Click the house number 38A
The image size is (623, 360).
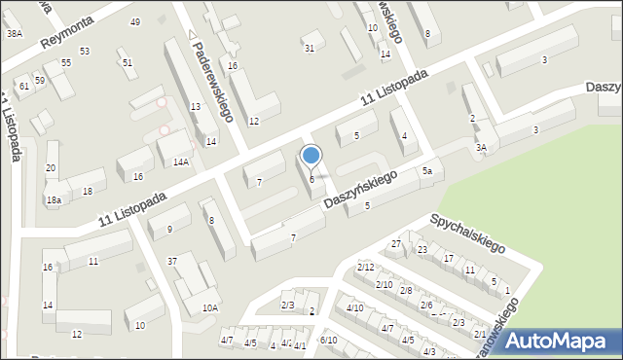click(x=14, y=33)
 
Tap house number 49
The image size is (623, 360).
click(x=135, y=22)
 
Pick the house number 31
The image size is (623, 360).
click(x=310, y=48)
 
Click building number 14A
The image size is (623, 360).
click(x=180, y=162)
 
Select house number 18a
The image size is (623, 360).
click(x=54, y=200)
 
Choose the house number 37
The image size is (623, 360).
click(x=172, y=261)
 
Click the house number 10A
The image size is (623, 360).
click(x=209, y=307)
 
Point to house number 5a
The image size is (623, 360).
click(x=426, y=171)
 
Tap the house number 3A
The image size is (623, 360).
click(x=481, y=148)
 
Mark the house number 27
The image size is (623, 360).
click(x=396, y=243)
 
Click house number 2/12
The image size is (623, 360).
click(x=365, y=267)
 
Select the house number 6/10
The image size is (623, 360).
click(x=329, y=340)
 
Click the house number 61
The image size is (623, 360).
click(x=24, y=87)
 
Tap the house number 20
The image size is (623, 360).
click(x=51, y=168)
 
